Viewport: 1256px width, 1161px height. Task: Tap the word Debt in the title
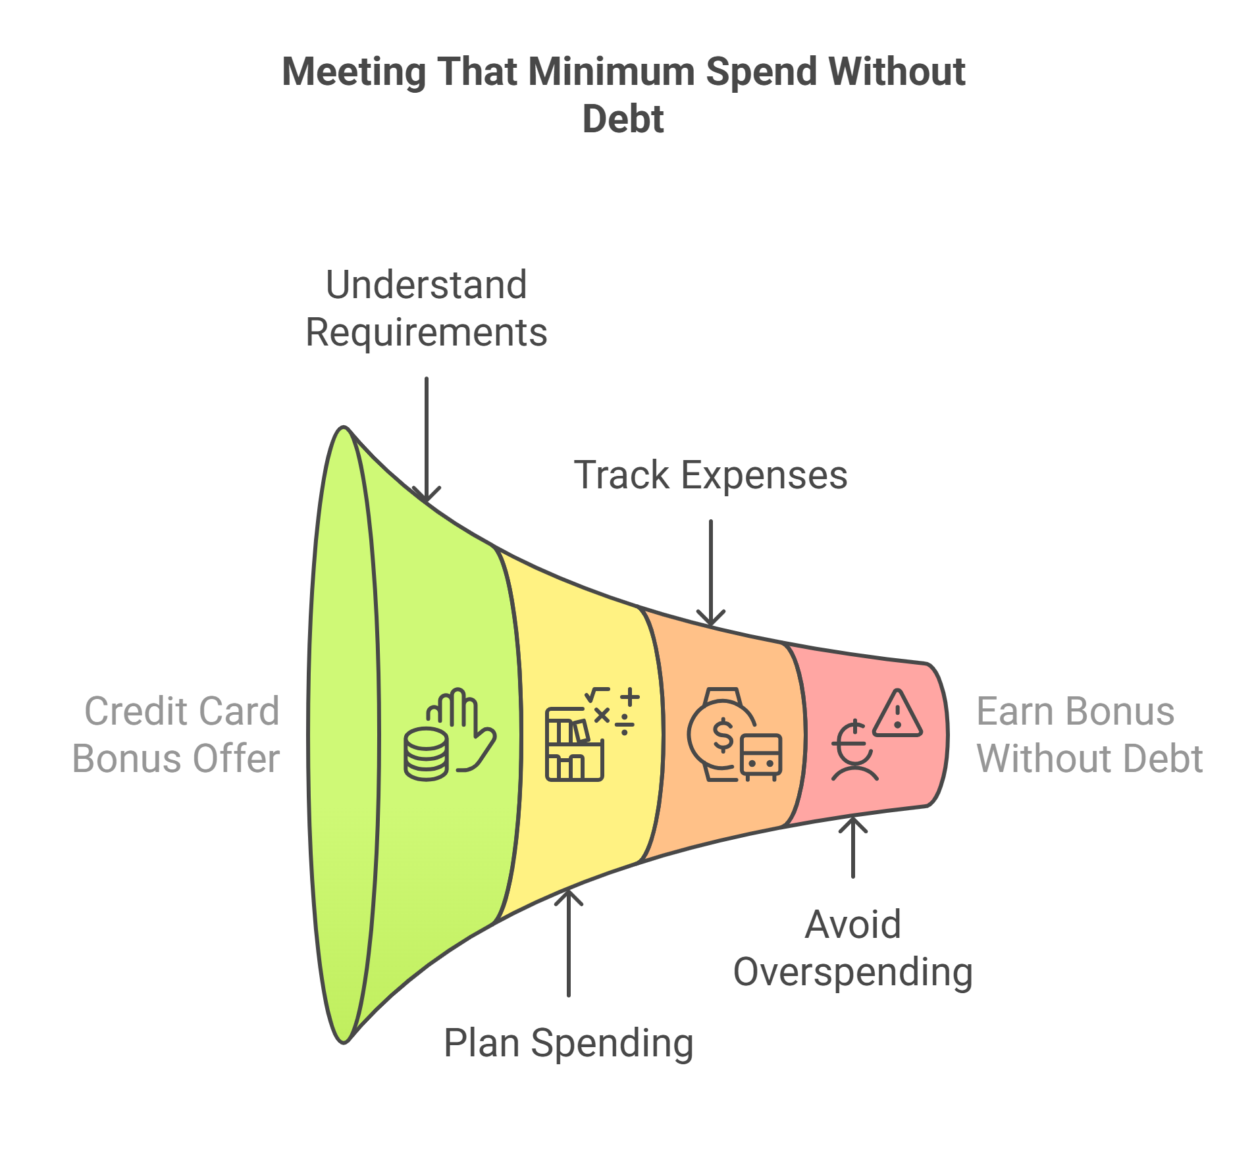[x=623, y=119]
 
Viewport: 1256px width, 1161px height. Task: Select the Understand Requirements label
[x=427, y=308]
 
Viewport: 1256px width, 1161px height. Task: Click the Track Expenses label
[x=710, y=475]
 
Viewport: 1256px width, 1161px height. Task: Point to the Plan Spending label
[x=568, y=1043]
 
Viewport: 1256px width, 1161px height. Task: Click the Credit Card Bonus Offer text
[x=176, y=735]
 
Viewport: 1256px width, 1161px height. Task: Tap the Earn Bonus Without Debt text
[x=1089, y=735]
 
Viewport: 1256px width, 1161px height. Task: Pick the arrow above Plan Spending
[x=568, y=941]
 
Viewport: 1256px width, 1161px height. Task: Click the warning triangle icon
[x=898, y=713]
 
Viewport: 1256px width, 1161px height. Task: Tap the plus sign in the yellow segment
[x=630, y=697]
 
